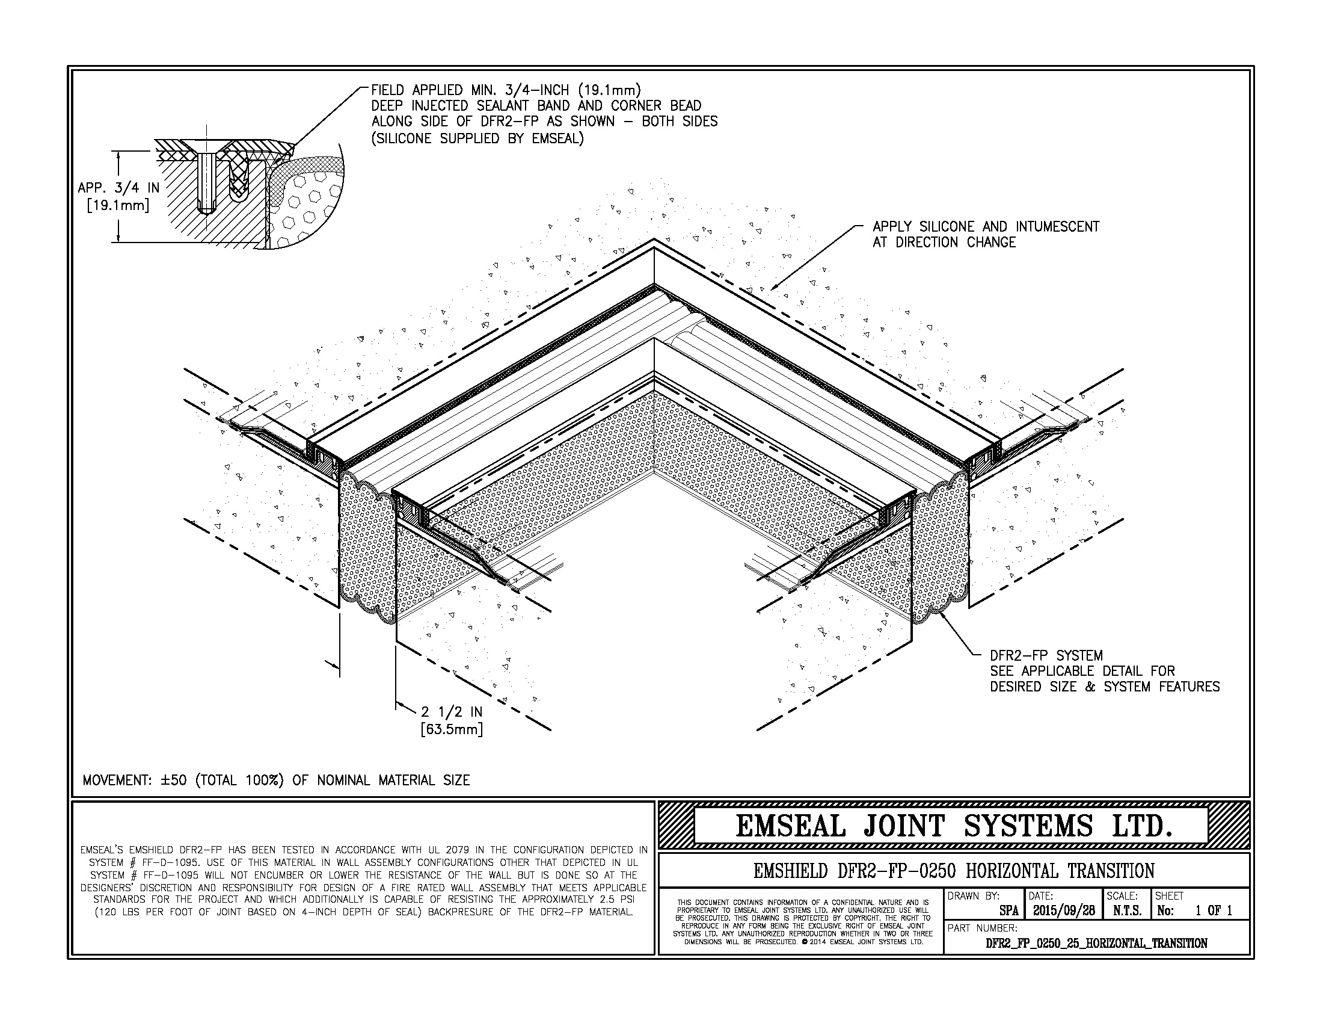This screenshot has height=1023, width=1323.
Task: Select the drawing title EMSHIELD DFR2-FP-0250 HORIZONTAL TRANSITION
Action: click(954, 871)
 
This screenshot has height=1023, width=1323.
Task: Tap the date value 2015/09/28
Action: click(1064, 911)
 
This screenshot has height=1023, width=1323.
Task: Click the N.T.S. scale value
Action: click(1127, 911)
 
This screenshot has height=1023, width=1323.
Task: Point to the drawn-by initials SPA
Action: click(1009, 911)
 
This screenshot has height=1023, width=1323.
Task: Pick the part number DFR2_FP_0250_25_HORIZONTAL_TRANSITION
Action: click(1096, 944)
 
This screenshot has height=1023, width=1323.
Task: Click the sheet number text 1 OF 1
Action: click(1214, 911)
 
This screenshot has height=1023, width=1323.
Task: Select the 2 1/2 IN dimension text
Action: click(451, 712)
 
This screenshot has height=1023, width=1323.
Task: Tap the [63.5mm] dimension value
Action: click(451, 729)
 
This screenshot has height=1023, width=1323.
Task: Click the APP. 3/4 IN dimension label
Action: click(118, 188)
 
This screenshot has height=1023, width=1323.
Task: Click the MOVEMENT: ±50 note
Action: click(276, 780)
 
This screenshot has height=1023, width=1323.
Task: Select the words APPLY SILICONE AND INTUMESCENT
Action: click(986, 227)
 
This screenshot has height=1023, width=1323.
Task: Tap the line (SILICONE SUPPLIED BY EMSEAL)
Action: click(478, 138)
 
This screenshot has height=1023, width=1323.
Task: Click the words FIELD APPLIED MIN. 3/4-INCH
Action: click(470, 90)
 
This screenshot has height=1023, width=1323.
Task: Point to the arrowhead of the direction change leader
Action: click(772, 289)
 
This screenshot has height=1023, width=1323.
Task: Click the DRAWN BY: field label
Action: click(974, 896)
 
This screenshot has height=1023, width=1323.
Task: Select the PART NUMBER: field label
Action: click(982, 928)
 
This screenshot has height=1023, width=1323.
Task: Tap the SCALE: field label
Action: click(1122, 896)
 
